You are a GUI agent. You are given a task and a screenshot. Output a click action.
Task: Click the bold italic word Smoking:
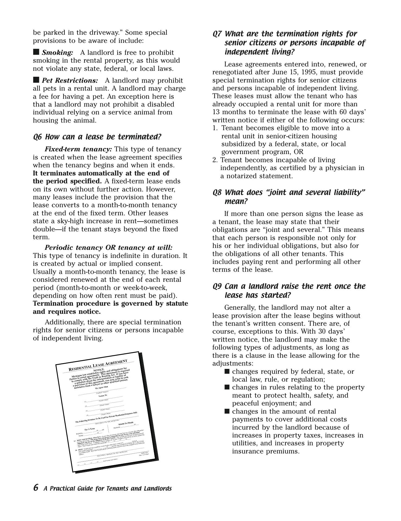point(57,53)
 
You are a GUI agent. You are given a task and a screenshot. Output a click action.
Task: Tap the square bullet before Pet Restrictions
point(36,80)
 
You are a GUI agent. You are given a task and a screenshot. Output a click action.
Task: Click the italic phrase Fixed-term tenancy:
point(78,149)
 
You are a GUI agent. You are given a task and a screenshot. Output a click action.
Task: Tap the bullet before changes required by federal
point(227,371)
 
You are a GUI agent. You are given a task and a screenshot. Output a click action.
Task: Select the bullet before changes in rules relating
point(227,387)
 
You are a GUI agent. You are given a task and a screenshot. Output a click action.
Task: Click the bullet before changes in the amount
point(227,411)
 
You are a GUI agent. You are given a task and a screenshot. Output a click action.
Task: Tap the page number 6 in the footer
point(36,487)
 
